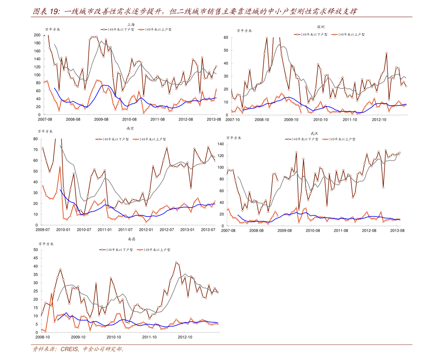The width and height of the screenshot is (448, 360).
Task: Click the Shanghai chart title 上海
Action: pyautogui.click(x=131, y=24)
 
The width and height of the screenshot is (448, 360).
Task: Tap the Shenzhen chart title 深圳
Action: pyautogui.click(x=320, y=27)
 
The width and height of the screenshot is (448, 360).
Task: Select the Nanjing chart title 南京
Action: pyautogui.click(x=130, y=128)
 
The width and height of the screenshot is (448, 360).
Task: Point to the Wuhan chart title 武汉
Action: pyautogui.click(x=314, y=133)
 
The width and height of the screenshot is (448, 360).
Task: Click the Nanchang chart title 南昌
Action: pyautogui.click(x=132, y=239)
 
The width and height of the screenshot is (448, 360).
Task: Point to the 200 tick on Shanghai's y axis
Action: pyautogui.click(x=37, y=35)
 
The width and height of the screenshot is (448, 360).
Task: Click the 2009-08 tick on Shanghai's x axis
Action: pyautogui.click(x=101, y=119)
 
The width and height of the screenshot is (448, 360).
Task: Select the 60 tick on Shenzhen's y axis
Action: pyautogui.click(x=226, y=38)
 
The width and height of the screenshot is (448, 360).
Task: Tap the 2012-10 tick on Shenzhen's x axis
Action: pyautogui.click(x=379, y=120)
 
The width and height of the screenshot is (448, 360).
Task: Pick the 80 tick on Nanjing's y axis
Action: pyautogui.click(x=35, y=139)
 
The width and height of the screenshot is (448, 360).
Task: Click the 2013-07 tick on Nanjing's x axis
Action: pyautogui.click(x=208, y=230)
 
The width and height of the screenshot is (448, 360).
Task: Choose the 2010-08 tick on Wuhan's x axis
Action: pyautogui.click(x=313, y=230)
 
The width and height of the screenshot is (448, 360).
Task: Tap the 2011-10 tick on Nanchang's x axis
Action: pyautogui.click(x=149, y=337)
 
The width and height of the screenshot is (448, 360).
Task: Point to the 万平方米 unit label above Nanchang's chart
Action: pyautogui.click(x=46, y=244)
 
